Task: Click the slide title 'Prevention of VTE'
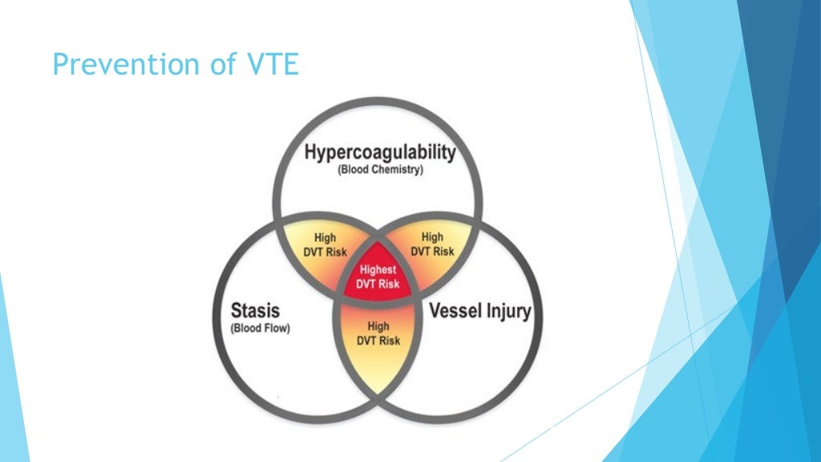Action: [175, 64]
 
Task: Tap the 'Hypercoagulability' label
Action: [380, 152]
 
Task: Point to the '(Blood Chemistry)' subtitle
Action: [380, 170]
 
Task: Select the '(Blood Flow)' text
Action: [260, 328]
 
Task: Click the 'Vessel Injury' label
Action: [480, 311]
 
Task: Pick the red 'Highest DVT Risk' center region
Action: [378, 278]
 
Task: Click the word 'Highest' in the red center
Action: [378, 270]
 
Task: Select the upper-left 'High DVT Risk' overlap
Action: [326, 245]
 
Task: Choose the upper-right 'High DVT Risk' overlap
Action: [432, 244]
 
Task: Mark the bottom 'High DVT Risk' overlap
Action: [378, 334]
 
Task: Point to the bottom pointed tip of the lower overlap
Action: [378, 392]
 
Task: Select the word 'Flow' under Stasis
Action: [276, 328]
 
